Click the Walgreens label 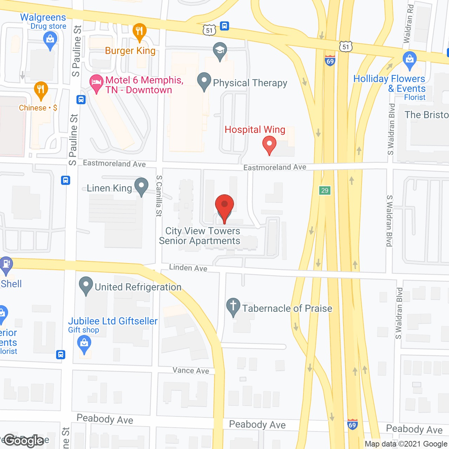(43, 18)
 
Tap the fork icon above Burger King (140, 31)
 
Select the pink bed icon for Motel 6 (96, 83)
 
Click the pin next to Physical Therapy (204, 81)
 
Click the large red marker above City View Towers (224, 205)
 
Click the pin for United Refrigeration (86, 285)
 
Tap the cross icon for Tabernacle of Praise (233, 306)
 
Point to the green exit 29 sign (325, 190)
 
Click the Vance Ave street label (191, 370)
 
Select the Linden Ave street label (188, 268)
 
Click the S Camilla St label (159, 196)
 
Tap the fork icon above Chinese (41, 90)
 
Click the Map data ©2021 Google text (406, 444)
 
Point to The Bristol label (427, 115)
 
